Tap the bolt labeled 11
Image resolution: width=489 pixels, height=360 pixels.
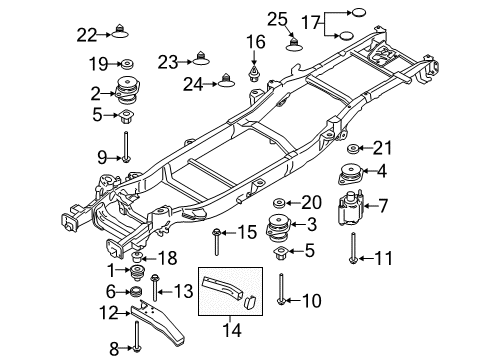354,247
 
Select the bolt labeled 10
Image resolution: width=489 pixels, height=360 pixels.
284,286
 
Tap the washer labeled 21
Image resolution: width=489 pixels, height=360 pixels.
353,149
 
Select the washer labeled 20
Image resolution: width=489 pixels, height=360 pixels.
280,201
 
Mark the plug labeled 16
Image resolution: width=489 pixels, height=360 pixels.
255,71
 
